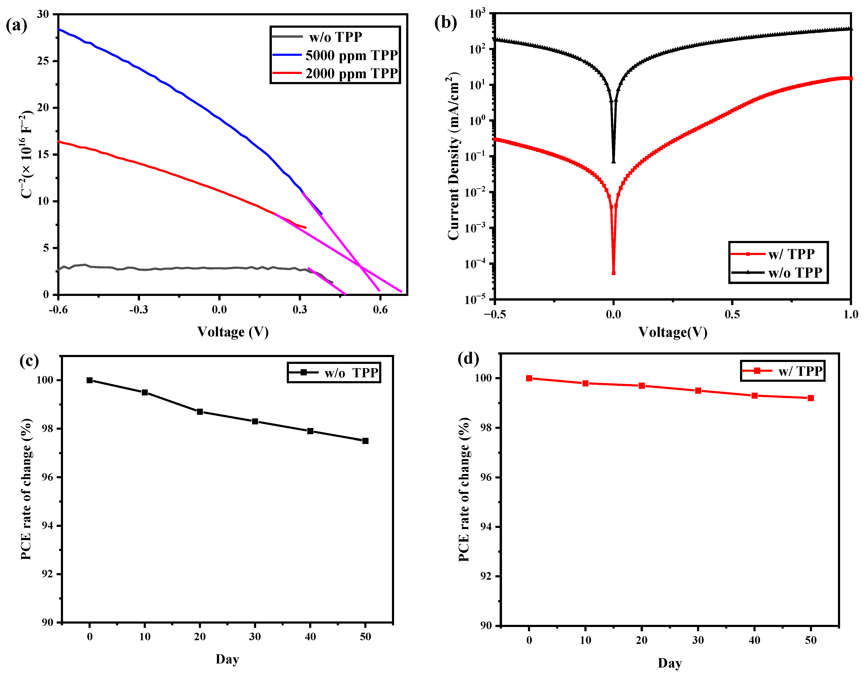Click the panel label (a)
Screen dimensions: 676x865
17,25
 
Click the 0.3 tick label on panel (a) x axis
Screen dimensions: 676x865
300,310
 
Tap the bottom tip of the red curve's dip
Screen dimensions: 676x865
614,273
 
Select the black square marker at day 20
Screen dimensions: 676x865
200,412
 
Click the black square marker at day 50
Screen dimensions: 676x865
365,441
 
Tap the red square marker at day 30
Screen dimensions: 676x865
698,391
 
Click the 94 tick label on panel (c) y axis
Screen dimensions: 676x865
47,526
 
